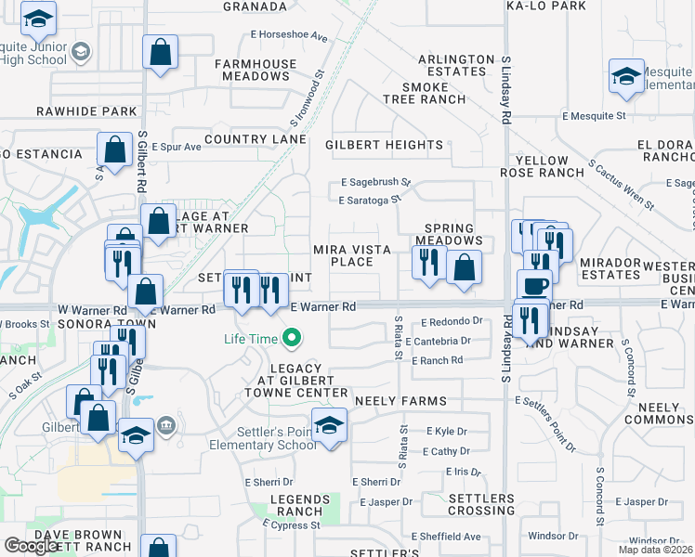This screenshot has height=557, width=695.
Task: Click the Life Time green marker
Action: click(292, 339)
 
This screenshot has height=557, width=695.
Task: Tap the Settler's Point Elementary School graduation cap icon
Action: click(329, 425)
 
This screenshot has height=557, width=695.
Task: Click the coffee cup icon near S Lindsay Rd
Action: click(534, 286)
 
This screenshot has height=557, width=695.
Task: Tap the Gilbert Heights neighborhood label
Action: click(384, 145)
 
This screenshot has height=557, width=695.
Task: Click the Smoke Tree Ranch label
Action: click(423, 93)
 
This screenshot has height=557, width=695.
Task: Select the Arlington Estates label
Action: click(456, 65)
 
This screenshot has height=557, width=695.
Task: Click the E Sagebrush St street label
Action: click(375, 184)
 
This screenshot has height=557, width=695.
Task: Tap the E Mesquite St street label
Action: click(594, 116)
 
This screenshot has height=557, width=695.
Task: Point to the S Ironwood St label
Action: click(306, 100)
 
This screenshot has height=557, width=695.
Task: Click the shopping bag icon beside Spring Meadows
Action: click(465, 267)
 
